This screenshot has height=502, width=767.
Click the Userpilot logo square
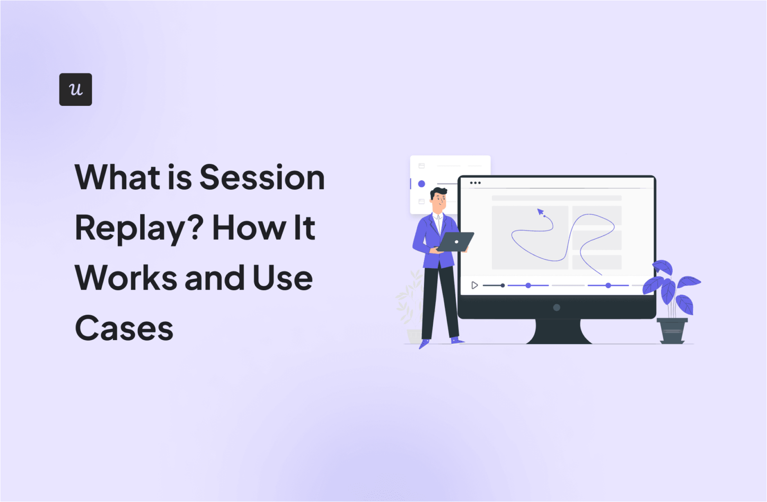(75, 89)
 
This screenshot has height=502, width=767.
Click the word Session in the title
(262, 178)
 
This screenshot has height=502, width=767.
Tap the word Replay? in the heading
(139, 228)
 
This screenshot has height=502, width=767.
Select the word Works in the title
(125, 278)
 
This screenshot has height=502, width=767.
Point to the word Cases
(124, 329)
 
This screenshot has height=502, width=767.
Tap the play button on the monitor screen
(474, 285)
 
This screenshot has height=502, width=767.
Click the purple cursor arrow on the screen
(540, 212)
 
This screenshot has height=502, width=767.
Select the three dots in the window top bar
(475, 183)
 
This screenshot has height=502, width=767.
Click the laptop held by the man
(455, 242)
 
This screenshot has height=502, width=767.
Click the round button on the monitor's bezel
(556, 308)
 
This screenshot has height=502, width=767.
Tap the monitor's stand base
(559, 335)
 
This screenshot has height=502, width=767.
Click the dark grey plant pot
(672, 331)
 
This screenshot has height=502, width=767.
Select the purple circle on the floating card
(421, 184)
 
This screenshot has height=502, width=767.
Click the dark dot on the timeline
(502, 285)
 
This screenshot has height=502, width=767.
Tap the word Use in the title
(282, 278)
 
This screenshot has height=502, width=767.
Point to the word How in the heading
(249, 228)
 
